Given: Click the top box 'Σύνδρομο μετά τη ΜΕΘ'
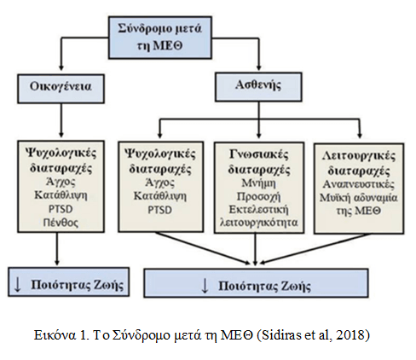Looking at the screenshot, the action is [x=160, y=38].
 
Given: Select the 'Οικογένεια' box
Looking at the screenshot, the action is [x=61, y=89].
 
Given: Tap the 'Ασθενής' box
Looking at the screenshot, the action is [x=258, y=87].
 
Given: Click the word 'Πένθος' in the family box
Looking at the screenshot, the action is [x=61, y=223].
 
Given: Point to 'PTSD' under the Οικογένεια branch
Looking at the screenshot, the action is [x=61, y=209].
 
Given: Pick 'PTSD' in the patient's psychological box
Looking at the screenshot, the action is [x=160, y=210].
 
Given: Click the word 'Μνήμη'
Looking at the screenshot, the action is [x=258, y=183].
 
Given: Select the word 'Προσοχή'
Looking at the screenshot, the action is [x=258, y=197].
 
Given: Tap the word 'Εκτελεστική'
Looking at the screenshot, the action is [x=258, y=210].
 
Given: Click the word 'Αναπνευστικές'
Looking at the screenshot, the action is [x=359, y=184].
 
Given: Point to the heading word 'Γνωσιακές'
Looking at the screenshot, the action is [x=258, y=155].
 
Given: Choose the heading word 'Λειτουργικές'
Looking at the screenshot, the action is [x=359, y=156].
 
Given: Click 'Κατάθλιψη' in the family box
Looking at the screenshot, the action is [x=61, y=195].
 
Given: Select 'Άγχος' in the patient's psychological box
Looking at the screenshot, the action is [x=160, y=183].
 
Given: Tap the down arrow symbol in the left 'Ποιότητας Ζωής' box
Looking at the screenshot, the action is [x=18, y=285].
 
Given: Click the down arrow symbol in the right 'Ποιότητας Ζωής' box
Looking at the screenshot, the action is [x=205, y=286].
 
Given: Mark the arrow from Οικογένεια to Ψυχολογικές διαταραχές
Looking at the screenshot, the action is [x=61, y=120].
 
